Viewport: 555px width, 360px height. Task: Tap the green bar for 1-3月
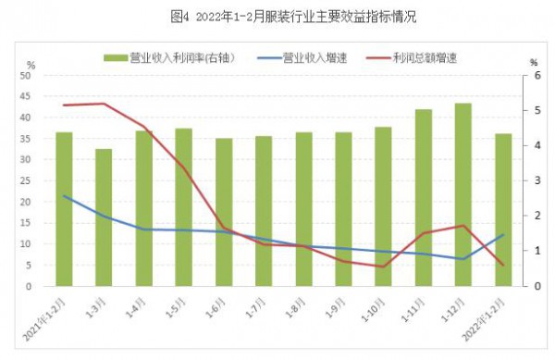tap(104, 217)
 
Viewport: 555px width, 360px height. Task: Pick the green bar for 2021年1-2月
tap(64, 209)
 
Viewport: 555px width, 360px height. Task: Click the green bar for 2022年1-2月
tap(502, 210)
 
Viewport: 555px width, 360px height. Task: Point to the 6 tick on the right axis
tap(535, 75)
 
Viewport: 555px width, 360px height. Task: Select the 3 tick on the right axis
tap(535, 180)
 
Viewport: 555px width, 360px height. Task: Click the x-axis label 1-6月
tap(216, 305)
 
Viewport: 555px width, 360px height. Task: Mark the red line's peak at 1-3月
tap(104, 104)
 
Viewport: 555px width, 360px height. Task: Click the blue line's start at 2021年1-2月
tap(64, 195)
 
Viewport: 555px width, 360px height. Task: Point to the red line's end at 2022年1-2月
tap(502, 265)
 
